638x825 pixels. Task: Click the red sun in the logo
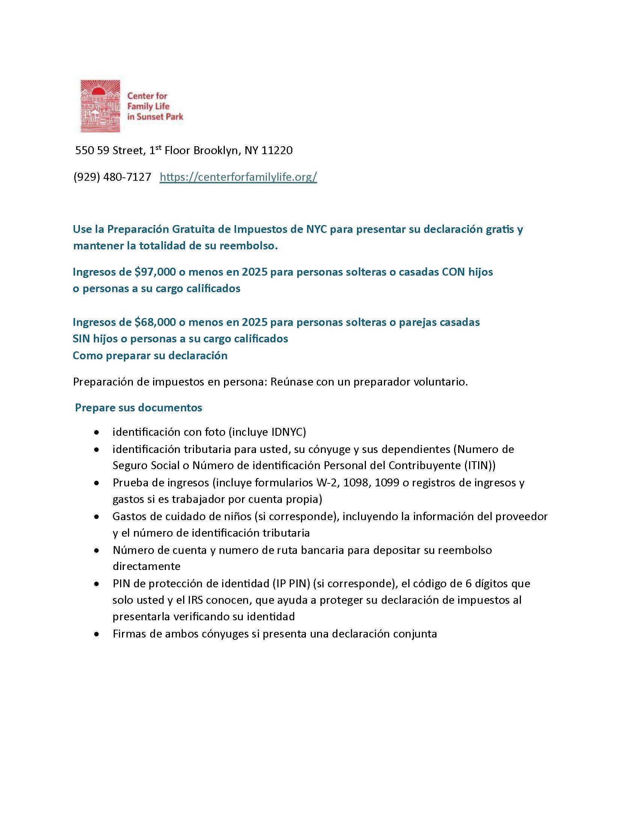click(98, 91)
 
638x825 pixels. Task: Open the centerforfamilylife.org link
click(238, 177)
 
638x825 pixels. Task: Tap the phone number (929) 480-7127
click(112, 177)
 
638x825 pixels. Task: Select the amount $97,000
click(155, 271)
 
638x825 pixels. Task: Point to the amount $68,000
click(155, 322)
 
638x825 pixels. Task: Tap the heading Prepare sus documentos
click(138, 408)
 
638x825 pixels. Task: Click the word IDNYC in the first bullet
click(288, 432)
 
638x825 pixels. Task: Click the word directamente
click(146, 566)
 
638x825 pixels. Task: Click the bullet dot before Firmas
click(98, 634)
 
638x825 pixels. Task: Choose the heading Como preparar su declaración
click(150, 355)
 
